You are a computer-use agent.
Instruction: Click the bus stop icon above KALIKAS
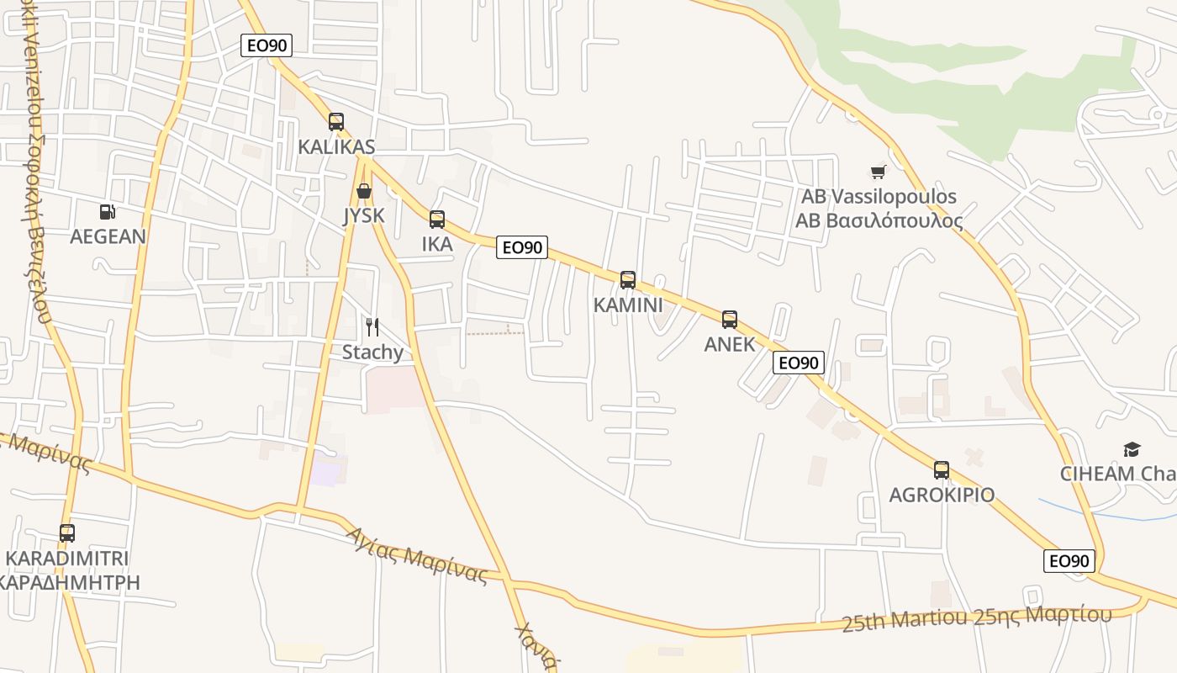[x=336, y=122]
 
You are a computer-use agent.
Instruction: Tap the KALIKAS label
[x=336, y=147]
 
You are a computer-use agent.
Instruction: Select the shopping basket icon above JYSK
[x=364, y=191]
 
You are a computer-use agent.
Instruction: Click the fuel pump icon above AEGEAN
[x=107, y=212]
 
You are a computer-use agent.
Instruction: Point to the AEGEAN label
[x=108, y=236]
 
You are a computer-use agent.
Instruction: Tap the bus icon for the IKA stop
[x=437, y=220]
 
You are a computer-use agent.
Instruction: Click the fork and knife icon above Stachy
[x=372, y=327]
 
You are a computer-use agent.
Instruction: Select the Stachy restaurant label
[x=372, y=352]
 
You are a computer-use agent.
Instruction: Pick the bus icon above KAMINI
[x=628, y=280]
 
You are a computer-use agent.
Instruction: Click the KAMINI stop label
[x=628, y=305]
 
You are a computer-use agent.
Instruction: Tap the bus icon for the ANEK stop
[x=730, y=320]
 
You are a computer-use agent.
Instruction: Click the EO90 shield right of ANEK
[x=798, y=363]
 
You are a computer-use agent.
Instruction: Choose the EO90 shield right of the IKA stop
[x=521, y=247]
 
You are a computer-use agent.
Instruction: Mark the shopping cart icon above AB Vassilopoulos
[x=879, y=172]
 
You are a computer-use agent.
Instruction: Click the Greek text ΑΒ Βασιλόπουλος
[x=879, y=221]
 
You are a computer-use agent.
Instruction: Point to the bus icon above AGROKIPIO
[x=942, y=470]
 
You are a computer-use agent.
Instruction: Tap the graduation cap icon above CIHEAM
[x=1132, y=449]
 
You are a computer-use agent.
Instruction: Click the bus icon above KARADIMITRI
[x=67, y=533]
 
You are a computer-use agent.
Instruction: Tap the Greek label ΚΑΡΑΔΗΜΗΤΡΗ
[x=69, y=582]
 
